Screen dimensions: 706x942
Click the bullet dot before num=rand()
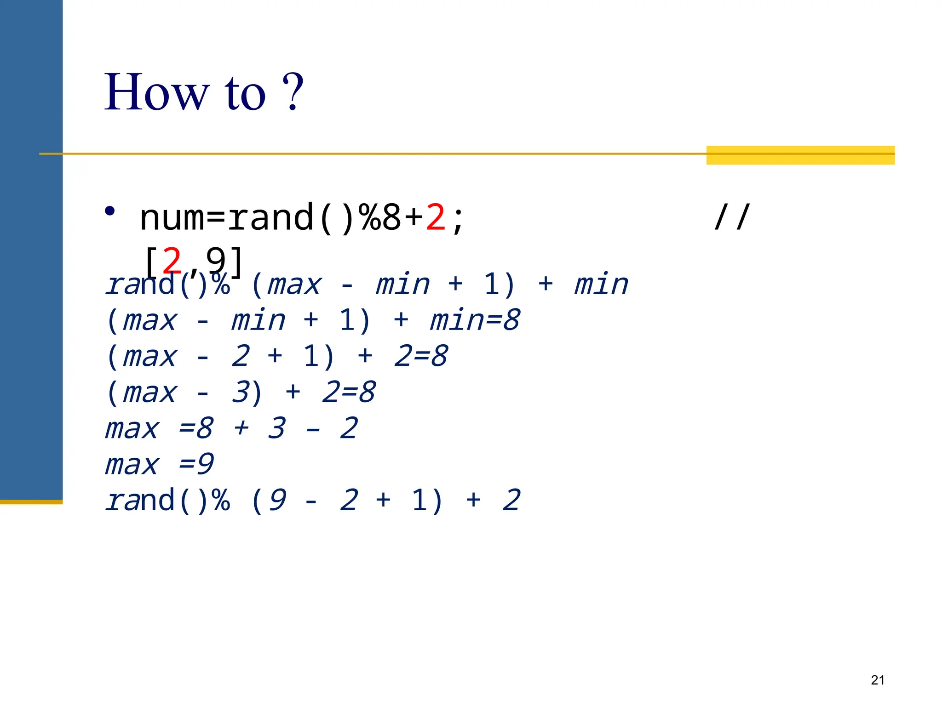coord(109,211)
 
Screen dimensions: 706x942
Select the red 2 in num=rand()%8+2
coord(436,217)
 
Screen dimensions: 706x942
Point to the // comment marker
coord(732,217)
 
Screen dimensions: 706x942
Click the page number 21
coord(878,680)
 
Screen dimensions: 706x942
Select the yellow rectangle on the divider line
coord(800,155)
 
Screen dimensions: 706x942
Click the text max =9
coord(159,464)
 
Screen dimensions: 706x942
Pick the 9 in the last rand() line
coord(278,500)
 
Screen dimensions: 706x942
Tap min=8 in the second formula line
coord(475,320)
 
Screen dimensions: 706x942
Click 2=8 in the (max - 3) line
coord(349,393)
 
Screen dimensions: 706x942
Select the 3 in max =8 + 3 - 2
coord(277,428)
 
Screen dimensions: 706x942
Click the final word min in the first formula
coord(601,284)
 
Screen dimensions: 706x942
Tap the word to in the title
coord(245,93)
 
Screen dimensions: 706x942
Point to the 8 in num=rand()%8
coord(391,217)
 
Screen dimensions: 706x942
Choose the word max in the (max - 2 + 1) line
coord(150,357)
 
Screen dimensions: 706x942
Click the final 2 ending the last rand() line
coord(511,500)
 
